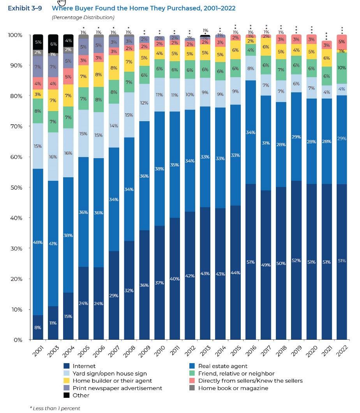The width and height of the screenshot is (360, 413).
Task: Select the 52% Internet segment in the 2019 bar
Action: coord(296,260)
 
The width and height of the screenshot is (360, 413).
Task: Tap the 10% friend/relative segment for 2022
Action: coord(342,68)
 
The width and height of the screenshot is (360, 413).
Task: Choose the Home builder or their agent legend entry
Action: coord(112,381)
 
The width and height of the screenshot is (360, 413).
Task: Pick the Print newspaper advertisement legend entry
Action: coord(117,388)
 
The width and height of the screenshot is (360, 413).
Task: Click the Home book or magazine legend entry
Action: coord(233,388)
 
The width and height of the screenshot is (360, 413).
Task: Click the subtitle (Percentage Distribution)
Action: coord(83,17)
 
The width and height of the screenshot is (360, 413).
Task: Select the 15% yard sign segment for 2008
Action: coord(129,115)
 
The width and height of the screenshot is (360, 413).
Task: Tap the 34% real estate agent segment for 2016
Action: coord(251,132)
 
